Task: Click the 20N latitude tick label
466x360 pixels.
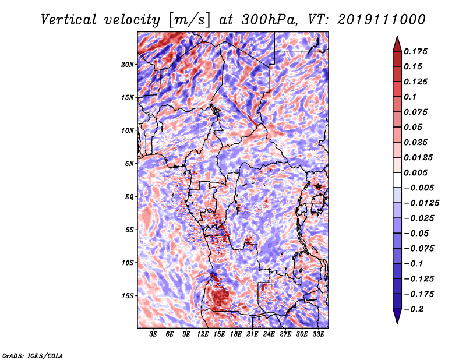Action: pos(128,64)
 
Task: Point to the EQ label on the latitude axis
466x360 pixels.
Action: pos(129,196)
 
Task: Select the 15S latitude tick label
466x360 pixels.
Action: pos(128,295)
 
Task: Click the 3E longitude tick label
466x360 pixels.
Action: pos(154,334)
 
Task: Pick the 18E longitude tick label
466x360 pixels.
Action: pos(236,334)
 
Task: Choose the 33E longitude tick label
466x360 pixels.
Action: pos(318,334)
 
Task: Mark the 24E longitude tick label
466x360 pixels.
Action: pos(269,334)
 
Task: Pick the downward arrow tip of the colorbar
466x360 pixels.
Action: pos(397,322)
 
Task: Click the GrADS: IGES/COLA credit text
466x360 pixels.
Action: pos(32,355)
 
